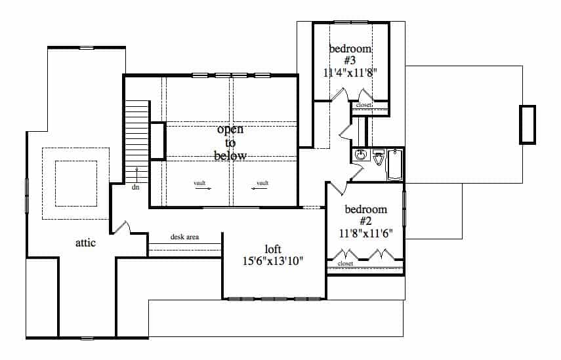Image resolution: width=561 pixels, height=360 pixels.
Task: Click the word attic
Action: pos(85,243)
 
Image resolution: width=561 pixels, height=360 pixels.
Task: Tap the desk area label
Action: pos(184,237)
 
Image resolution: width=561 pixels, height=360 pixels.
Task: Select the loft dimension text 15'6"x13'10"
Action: pos(274,261)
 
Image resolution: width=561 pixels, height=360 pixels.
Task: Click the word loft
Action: pos(274,249)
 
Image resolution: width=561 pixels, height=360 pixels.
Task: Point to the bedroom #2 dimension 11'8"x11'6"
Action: pos(366,232)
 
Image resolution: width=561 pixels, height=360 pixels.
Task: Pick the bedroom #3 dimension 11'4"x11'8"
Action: pos(350,72)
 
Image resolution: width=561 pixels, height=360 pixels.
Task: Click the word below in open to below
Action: pos(230,155)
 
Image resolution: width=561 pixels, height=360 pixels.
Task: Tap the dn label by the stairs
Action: pos(136,187)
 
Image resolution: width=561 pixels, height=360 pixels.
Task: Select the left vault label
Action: pos(201,183)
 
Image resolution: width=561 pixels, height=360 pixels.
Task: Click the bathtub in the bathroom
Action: pos(395,165)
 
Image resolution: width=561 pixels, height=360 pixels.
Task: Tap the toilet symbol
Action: pos(378,158)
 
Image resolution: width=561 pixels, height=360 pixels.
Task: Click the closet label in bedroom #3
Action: pos(364,105)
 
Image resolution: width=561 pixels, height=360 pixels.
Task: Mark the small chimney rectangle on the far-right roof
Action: pos(528,124)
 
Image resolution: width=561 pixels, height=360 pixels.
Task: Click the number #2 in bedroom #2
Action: pos(366,221)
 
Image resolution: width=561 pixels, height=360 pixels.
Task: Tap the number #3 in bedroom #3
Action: pos(350,60)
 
